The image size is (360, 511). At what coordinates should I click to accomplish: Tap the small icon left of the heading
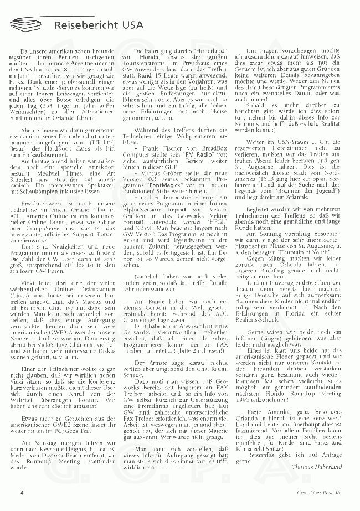[x=27, y=24]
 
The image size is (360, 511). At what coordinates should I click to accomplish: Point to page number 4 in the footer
[x=22, y=492]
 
